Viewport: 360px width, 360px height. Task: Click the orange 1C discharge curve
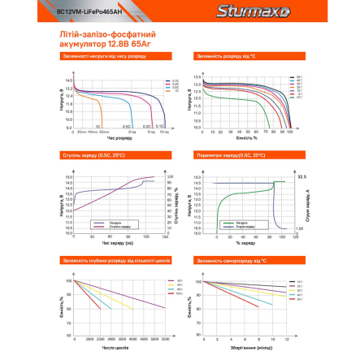pyautogui.click(x=97, y=106)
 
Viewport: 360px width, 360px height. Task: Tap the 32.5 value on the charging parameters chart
pyautogui.click(x=301, y=176)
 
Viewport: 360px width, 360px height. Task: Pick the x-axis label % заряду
pyautogui.click(x=245, y=242)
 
